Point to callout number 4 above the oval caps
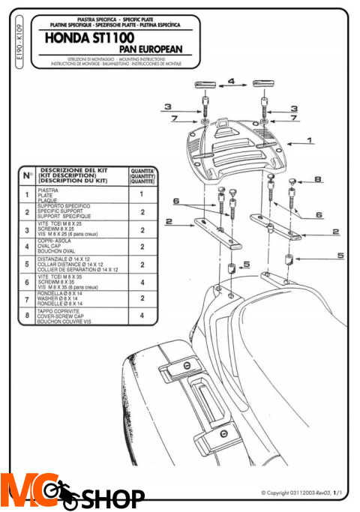231,79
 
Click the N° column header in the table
28,175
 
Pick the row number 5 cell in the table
28,265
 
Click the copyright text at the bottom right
301,493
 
